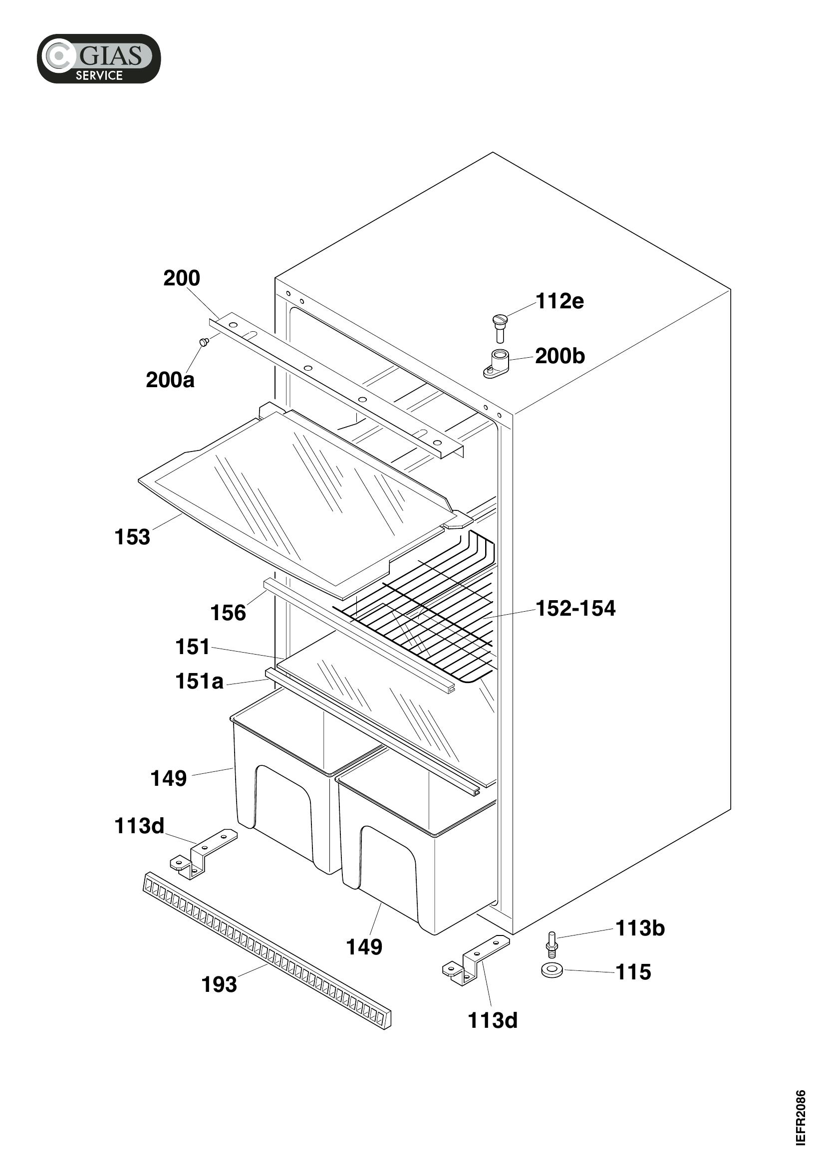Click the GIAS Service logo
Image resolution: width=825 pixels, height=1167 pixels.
click(99, 58)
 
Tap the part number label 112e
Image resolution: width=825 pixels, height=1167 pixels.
click(559, 301)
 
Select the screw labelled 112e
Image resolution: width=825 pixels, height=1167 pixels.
click(500, 328)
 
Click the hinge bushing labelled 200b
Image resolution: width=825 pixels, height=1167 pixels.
click(497, 364)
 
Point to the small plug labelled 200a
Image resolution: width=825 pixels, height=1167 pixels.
click(204, 342)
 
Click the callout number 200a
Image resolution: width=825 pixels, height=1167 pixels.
click(170, 380)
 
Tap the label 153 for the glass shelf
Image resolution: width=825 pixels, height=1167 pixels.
click(132, 537)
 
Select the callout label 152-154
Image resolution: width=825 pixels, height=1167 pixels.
click(575, 608)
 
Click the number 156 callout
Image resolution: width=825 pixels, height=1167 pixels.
click(228, 613)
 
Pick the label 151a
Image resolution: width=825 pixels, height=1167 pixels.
click(199, 682)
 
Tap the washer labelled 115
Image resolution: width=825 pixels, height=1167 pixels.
click(552, 970)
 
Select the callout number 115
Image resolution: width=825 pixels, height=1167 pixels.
click(633, 972)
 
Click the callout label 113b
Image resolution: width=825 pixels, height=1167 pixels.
click(640, 928)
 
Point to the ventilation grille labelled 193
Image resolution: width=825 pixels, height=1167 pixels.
click(268, 951)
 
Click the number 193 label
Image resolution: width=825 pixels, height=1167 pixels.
click(219, 984)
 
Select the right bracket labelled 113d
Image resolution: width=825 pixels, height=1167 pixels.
click(476, 960)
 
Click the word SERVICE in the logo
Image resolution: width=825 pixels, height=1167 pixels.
click(99, 75)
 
